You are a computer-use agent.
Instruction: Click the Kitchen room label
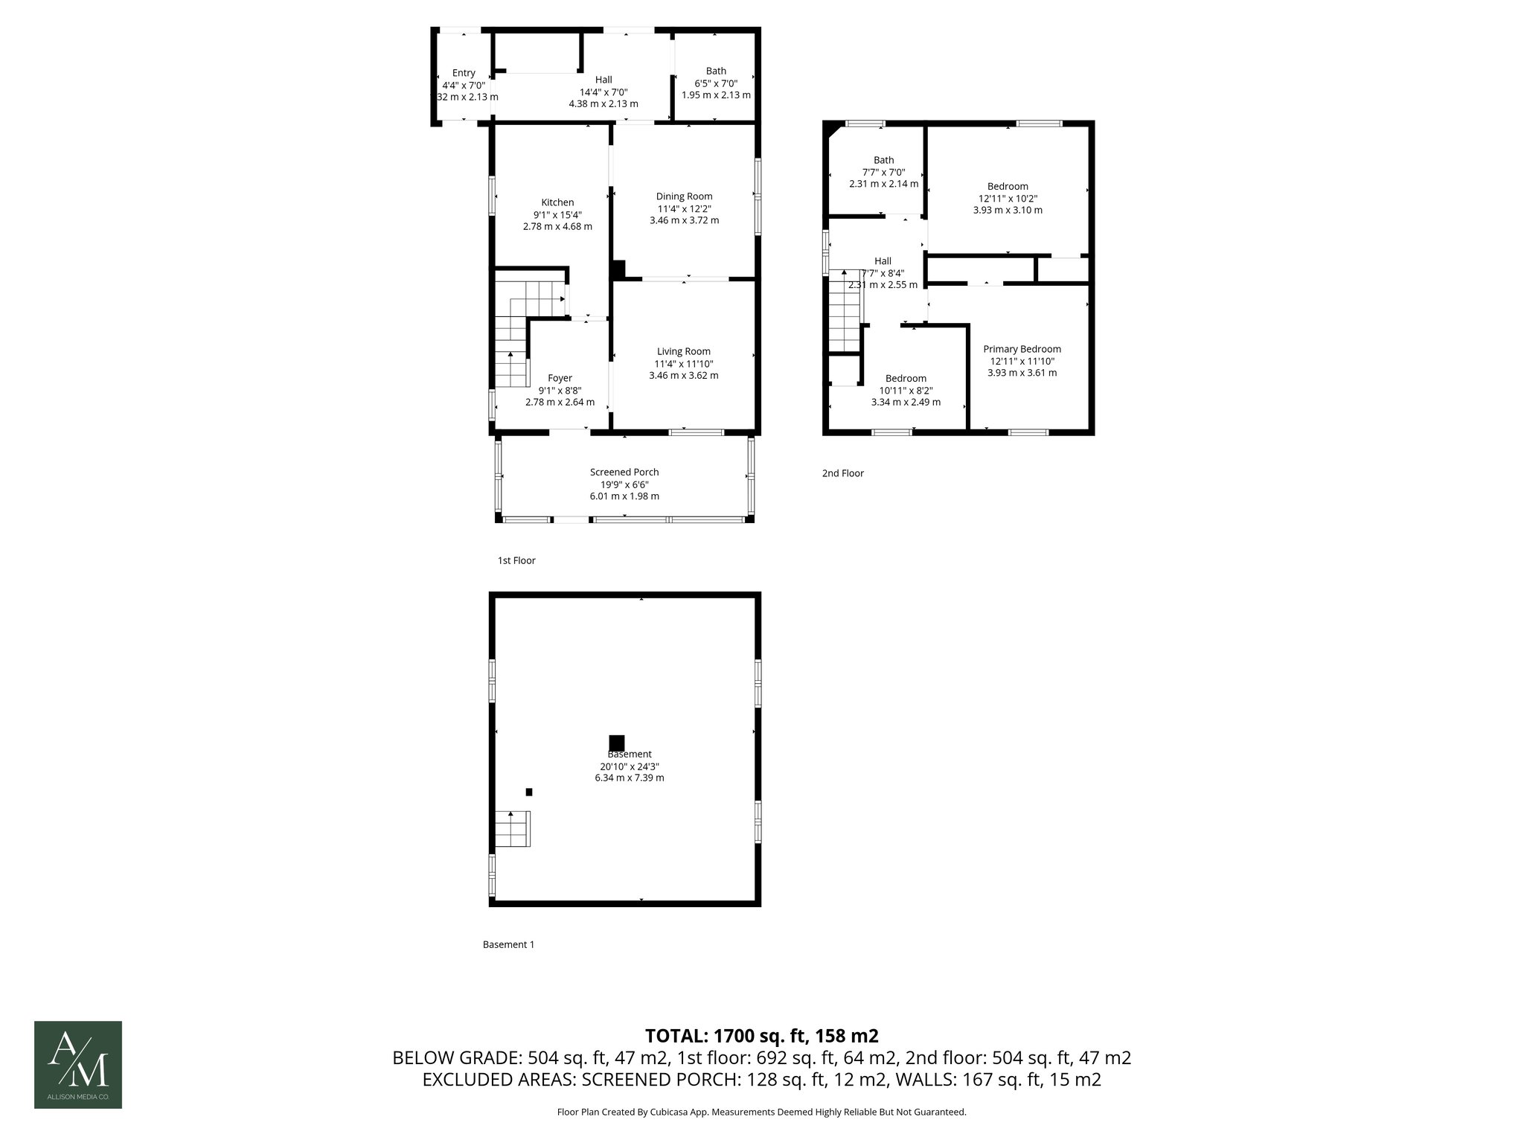click(557, 202)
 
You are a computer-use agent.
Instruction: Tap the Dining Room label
click(684, 196)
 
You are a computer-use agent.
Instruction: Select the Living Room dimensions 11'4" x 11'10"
click(683, 364)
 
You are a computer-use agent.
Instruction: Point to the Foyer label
click(560, 378)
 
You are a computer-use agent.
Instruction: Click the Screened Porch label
click(624, 472)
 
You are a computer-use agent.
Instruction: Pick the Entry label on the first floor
click(464, 73)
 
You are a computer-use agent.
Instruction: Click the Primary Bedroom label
click(1022, 349)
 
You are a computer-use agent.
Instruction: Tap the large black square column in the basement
click(616, 743)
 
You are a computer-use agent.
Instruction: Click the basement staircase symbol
click(513, 829)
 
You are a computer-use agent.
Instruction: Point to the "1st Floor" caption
click(516, 560)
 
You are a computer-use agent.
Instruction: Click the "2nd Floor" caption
click(842, 473)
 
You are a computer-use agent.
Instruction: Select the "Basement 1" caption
click(508, 944)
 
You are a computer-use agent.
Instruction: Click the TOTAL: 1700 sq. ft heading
click(761, 1036)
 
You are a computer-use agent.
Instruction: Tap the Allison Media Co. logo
click(78, 1065)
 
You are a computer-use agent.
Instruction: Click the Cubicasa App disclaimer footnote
click(761, 1112)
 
